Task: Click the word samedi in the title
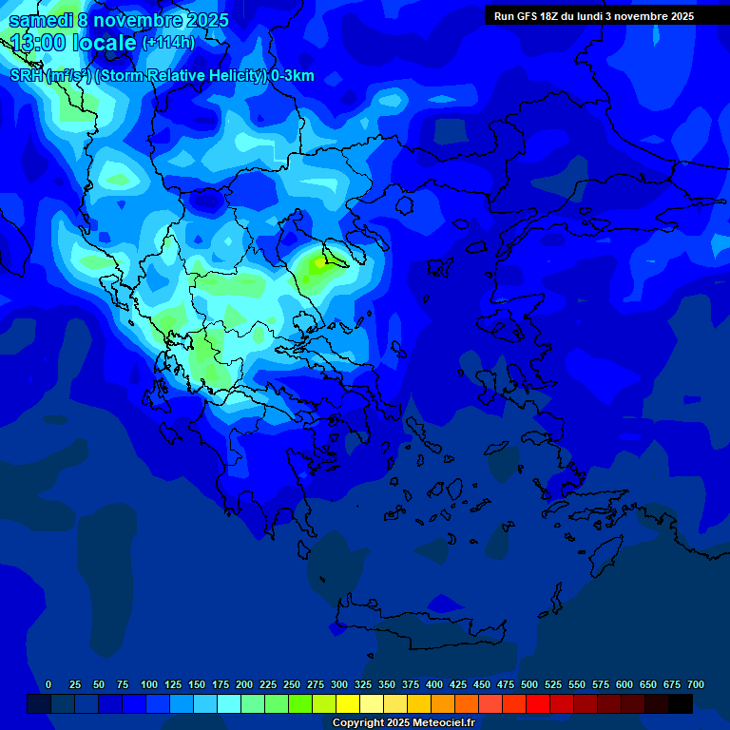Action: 41,20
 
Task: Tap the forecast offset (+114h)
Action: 168,43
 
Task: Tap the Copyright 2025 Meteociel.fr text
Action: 403,722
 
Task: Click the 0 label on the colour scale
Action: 48,684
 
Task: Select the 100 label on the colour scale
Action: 149,684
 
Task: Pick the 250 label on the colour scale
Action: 292,684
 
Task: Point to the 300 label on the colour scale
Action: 339,684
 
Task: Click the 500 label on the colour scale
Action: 529,684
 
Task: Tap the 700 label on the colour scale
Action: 696,684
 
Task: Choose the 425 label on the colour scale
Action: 458,684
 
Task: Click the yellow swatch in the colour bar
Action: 348,704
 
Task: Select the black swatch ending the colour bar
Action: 681,704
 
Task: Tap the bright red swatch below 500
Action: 538,704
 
